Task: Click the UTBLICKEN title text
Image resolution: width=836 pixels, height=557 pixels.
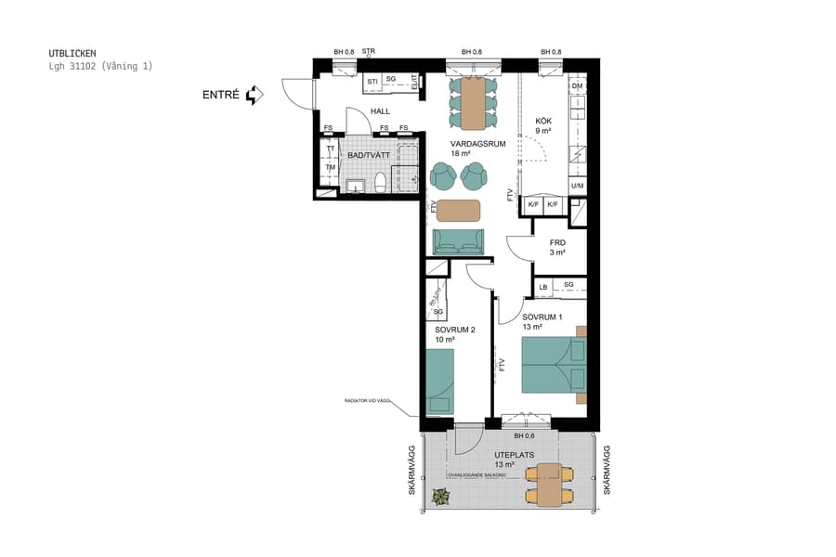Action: [x=72, y=54]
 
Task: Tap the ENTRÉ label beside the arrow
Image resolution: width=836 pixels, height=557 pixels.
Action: [x=221, y=95]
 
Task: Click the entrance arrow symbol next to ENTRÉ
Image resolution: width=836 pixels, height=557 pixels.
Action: [x=255, y=95]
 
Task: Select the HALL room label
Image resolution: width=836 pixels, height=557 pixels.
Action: [x=380, y=111]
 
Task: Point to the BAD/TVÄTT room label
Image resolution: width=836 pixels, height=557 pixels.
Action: [x=369, y=155]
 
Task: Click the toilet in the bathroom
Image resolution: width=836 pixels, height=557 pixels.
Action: [x=380, y=182]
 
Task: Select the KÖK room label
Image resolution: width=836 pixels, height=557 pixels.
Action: [x=543, y=121]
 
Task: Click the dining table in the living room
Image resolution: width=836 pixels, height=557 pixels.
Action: [x=474, y=103]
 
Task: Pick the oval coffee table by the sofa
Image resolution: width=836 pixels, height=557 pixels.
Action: [x=458, y=210]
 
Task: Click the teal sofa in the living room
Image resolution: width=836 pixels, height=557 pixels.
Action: [x=458, y=240]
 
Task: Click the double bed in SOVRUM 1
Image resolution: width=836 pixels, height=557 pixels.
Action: [x=554, y=365]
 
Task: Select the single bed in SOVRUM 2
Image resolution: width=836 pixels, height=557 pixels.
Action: [x=439, y=381]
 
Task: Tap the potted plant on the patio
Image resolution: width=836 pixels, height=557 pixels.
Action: [x=440, y=498]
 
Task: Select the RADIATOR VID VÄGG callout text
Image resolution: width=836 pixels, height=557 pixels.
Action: [x=365, y=401]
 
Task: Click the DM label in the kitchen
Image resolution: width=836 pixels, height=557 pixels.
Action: [x=577, y=86]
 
